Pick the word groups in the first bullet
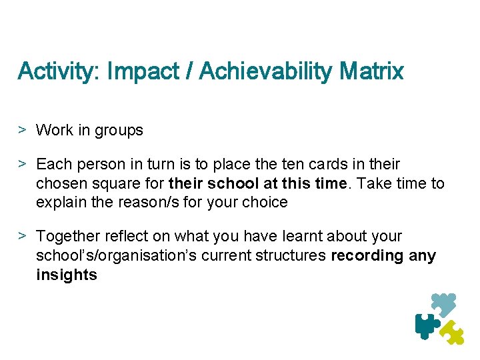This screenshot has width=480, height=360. pyautogui.click(x=119, y=131)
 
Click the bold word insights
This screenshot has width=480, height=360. pyautogui.click(x=67, y=275)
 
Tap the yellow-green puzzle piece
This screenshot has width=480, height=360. pyautogui.click(x=453, y=332)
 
